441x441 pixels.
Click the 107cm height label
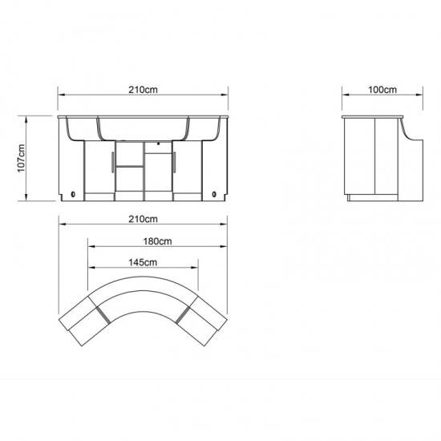click(22, 158)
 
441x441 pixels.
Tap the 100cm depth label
click(382, 90)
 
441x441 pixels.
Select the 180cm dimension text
click(157, 241)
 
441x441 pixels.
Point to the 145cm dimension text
click(143, 262)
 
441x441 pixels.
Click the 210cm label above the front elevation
click(144, 90)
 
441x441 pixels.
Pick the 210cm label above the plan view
click(144, 219)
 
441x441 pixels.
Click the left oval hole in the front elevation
click(73, 194)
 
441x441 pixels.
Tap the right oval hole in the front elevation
click(214, 194)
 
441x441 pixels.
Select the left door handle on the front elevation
click(113, 162)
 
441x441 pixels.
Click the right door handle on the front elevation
click(174, 162)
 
